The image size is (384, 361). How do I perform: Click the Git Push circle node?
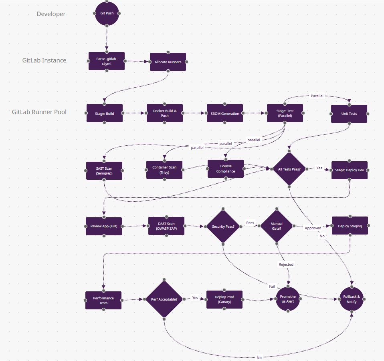(x=107, y=13)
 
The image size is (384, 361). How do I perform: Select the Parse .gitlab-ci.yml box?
(x=107, y=61)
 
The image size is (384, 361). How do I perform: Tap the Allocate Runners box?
(x=168, y=62)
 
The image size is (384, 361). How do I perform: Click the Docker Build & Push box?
(x=164, y=113)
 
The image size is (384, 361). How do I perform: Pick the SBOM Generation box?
(x=224, y=113)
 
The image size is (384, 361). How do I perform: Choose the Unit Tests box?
(x=349, y=114)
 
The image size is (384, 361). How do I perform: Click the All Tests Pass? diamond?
(x=289, y=169)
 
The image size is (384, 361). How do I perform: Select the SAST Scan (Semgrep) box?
(x=104, y=171)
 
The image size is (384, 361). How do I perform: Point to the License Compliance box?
(x=225, y=169)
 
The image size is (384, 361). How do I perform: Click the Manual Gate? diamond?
(x=277, y=226)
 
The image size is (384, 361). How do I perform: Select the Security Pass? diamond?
(x=223, y=226)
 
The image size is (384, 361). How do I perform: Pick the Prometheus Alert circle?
(x=288, y=299)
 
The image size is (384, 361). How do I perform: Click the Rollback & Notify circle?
(x=352, y=299)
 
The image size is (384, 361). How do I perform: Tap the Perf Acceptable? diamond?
(x=164, y=299)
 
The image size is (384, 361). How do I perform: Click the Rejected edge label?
(x=286, y=264)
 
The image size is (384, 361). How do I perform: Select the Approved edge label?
(x=313, y=228)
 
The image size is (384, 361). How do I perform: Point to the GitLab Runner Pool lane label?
(x=39, y=112)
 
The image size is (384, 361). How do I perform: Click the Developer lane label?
(x=51, y=14)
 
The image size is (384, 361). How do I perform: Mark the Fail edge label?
(x=272, y=286)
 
